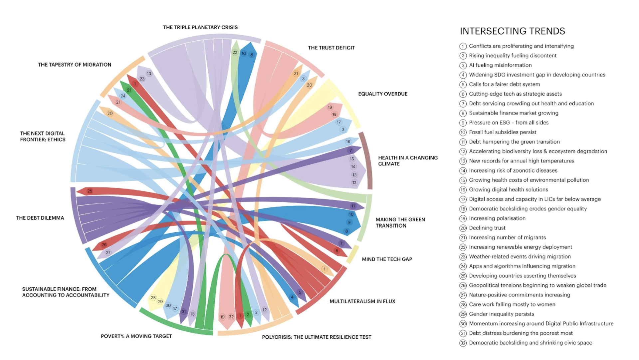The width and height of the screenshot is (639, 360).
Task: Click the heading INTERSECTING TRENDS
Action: [512, 31]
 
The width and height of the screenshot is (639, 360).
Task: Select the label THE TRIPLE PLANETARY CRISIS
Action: [200, 27]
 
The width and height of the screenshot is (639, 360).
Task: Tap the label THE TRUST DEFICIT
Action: [331, 48]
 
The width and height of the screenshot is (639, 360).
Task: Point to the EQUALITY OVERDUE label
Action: [383, 94]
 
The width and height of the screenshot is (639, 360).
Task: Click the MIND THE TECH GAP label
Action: [387, 259]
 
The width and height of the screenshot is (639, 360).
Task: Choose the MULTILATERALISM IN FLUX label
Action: [362, 301]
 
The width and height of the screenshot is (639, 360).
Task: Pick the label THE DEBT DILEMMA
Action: [40, 218]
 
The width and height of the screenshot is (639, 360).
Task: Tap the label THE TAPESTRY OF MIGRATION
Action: [75, 65]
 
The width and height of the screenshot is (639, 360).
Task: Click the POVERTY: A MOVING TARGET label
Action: [136, 336]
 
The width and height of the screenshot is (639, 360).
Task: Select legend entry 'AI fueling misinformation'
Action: [500, 65]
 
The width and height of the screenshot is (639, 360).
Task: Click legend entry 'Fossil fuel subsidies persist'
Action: [503, 132]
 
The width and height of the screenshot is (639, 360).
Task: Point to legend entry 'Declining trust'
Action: [487, 228]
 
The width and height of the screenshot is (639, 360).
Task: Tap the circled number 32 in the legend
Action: [463, 343]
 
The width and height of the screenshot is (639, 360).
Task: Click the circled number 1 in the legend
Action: [463, 46]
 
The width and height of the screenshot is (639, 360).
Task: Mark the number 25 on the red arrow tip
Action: [90, 191]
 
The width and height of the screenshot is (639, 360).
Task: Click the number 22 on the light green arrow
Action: [235, 53]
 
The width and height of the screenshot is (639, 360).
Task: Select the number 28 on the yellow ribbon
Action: [153, 298]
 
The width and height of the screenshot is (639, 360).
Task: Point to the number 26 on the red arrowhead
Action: [104, 245]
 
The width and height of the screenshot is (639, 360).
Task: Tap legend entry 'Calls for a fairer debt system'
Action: [505, 85]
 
